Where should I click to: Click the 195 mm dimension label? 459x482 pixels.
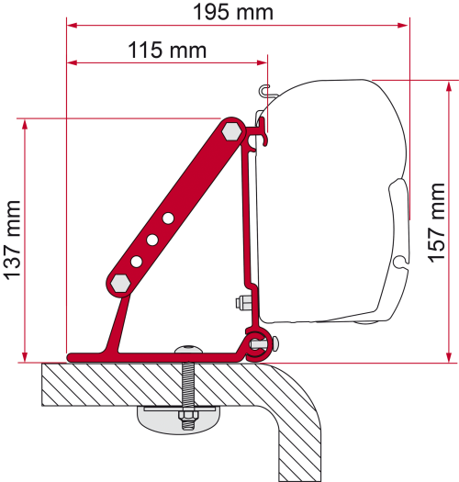tap(236, 12)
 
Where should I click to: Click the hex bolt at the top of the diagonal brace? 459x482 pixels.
tap(232, 131)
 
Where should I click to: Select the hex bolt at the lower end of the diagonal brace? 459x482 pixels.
tap(118, 283)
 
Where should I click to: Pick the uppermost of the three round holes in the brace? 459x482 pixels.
tap(168, 219)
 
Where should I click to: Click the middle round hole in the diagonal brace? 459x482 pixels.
tap(152, 241)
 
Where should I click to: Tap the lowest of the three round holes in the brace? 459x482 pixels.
tap(136, 262)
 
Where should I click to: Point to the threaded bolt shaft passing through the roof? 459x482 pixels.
tap(188, 386)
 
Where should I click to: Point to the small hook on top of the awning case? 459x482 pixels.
tap(265, 90)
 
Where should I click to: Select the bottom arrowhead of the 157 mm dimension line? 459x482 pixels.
tap(447, 356)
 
